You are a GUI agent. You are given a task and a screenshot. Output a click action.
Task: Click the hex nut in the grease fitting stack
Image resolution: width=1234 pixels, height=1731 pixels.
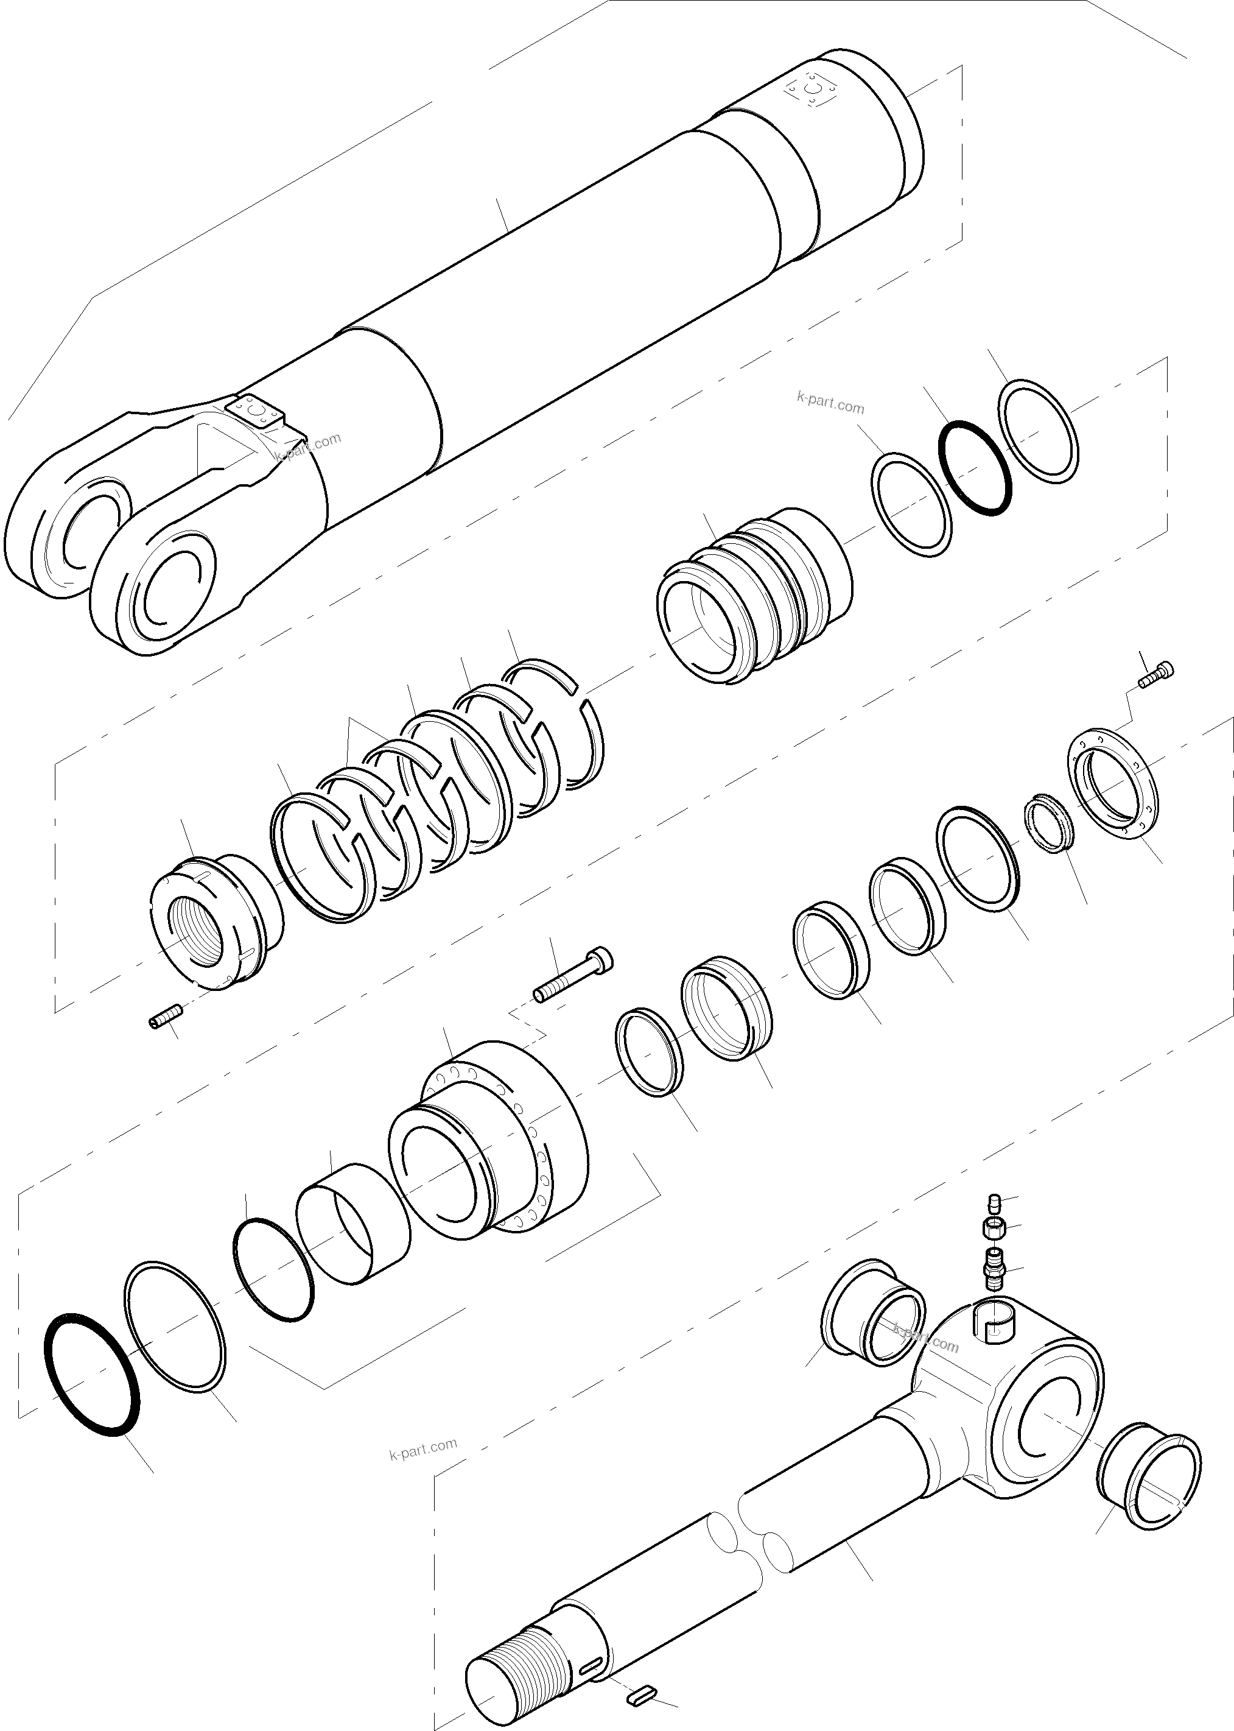[992, 1227]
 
